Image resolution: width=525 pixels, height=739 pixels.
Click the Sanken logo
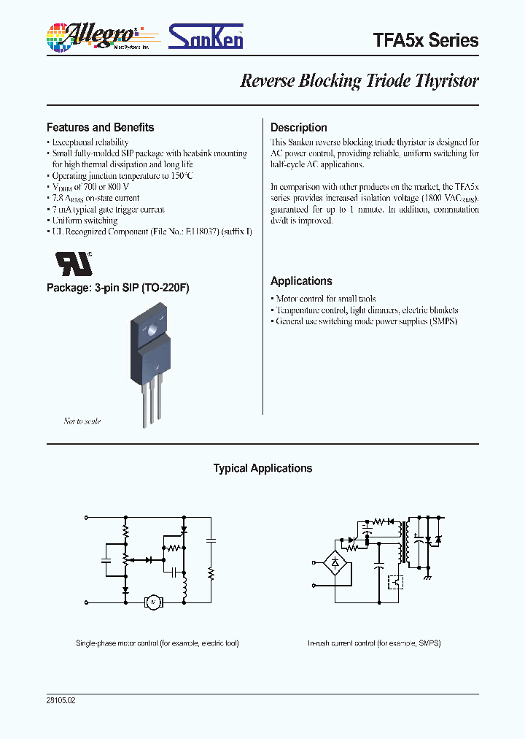click(206, 37)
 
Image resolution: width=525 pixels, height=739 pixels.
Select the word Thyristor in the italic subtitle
click(447, 80)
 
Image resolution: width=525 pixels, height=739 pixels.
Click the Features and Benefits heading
click(100, 127)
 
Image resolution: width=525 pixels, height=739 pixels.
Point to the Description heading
click(298, 127)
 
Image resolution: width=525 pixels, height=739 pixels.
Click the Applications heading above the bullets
click(301, 281)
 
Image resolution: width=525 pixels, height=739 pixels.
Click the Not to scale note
click(82, 421)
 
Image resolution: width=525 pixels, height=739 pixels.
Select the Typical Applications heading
click(262, 468)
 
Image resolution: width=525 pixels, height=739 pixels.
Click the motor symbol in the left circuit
click(152, 602)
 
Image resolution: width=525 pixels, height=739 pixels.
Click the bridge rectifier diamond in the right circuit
click(335, 563)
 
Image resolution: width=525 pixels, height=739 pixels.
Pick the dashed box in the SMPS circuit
click(396, 582)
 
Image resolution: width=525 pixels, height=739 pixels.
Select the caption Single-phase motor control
click(157, 643)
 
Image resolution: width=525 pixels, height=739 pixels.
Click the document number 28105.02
click(61, 700)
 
